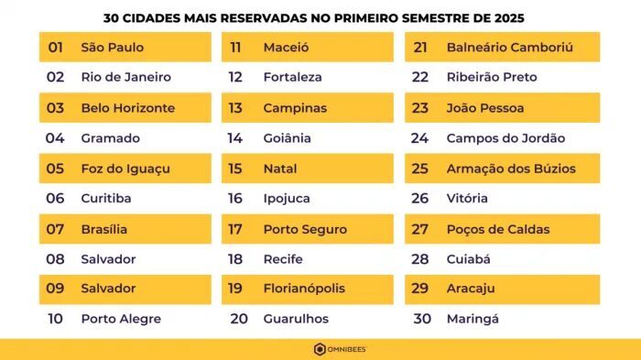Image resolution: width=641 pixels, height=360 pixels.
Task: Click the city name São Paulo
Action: pyautogui.click(x=112, y=47)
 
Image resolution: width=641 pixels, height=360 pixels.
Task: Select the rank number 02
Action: pyautogui.click(x=55, y=77)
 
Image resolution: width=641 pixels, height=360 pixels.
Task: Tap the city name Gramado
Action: pyautogui.click(x=110, y=138)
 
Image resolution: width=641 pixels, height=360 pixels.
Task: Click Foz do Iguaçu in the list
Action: pyautogui.click(x=125, y=169)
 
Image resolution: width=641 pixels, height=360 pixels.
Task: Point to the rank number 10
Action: pyautogui.click(x=55, y=319)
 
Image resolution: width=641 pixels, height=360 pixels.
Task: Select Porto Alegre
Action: pyautogui.click(x=120, y=319)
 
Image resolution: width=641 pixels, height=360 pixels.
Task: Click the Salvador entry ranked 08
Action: pyautogui.click(x=108, y=259)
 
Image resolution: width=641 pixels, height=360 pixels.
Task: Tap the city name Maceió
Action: pyautogui.click(x=286, y=47)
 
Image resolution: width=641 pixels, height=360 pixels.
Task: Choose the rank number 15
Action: pyautogui.click(x=235, y=169)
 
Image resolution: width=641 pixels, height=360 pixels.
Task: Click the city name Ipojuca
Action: pyautogui.click(x=287, y=199)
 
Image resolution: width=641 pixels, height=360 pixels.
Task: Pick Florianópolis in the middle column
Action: pyautogui.click(x=304, y=289)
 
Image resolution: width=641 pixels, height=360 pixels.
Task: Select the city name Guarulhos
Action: pyautogui.click(x=295, y=319)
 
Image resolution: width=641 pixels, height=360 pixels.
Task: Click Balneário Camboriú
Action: pyautogui.click(x=509, y=47)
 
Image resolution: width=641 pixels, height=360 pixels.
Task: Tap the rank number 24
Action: pyautogui.click(x=419, y=138)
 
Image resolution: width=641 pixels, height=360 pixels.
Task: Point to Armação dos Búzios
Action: pyautogui.click(x=509, y=169)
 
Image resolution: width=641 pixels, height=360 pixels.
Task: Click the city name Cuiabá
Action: pyautogui.click(x=468, y=259)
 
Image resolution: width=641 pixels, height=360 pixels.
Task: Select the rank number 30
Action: pyautogui.click(x=421, y=319)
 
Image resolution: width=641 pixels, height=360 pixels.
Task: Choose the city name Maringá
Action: pyautogui.click(x=473, y=319)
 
